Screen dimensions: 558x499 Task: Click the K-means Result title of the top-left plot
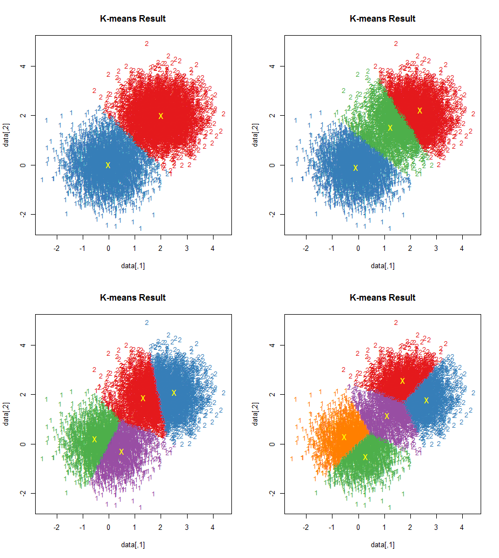133,18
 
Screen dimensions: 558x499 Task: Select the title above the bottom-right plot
383,297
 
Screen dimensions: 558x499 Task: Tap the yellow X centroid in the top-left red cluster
161,116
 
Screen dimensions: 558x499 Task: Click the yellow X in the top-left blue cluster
108,165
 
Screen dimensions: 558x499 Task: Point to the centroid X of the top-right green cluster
390,128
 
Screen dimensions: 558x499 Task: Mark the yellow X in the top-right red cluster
420,110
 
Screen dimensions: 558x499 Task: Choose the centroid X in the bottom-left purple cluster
121,451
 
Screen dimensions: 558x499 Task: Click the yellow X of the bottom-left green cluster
94,439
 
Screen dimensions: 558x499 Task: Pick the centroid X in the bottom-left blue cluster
174,393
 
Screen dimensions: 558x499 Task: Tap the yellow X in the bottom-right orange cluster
344,437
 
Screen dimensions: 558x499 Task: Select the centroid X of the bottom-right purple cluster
387,416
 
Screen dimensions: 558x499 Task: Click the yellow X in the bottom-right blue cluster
426,400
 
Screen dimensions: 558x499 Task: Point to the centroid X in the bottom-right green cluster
365,457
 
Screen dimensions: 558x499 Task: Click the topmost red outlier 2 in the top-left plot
147,43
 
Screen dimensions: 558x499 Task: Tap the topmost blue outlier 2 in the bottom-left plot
147,322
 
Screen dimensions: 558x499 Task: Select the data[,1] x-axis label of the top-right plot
383,265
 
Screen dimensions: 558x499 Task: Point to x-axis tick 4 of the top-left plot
213,249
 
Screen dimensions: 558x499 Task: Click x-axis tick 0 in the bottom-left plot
109,528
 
